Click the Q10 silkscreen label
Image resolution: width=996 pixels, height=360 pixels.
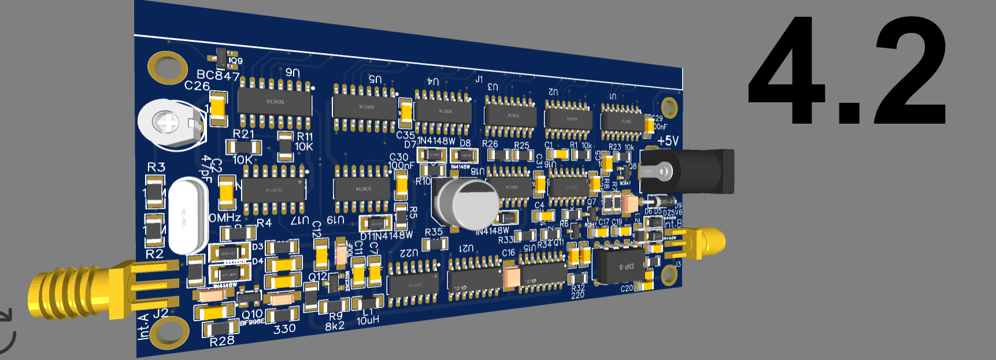(253, 314)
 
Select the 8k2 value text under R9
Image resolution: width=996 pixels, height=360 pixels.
(335, 326)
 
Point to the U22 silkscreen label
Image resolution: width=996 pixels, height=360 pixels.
(408, 253)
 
